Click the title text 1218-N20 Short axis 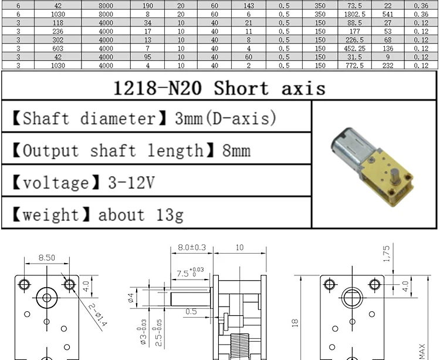218,88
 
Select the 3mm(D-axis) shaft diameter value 225,119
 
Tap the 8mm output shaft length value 236,151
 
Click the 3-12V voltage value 131,183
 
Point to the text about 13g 140,214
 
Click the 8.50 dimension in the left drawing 47,257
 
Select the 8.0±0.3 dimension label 191,248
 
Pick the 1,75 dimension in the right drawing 386,254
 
